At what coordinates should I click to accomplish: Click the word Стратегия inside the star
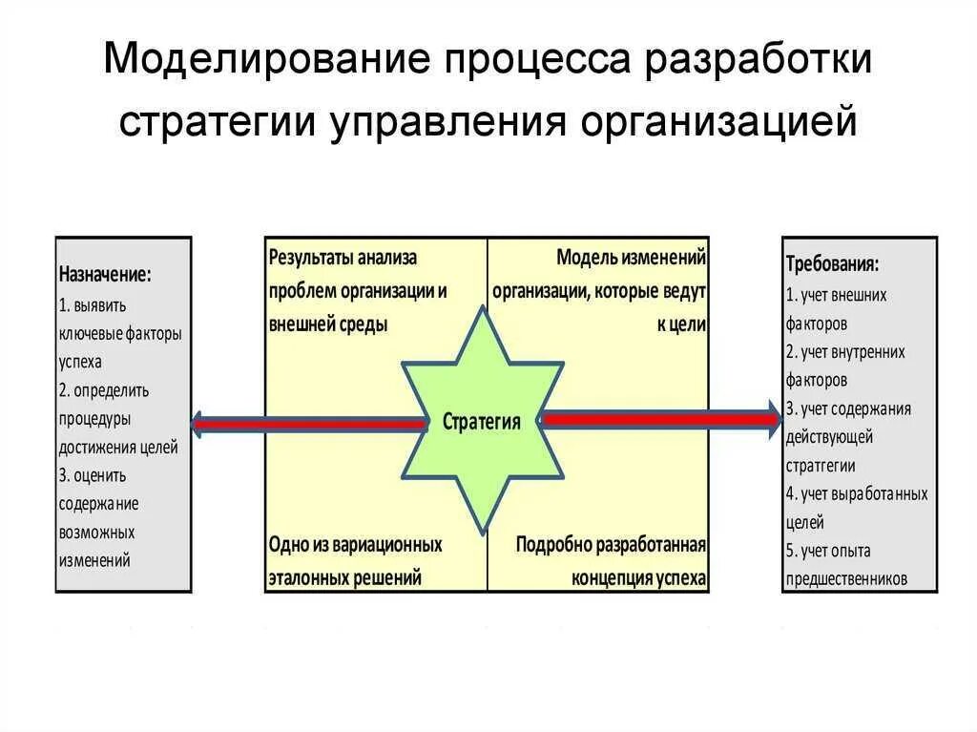pos(482,422)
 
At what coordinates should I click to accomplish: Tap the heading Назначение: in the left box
pos(105,275)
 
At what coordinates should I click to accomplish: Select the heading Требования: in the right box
pos(832,263)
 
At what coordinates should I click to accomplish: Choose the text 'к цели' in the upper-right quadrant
pos(681,324)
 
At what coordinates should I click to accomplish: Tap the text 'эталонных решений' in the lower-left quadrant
pos(344,577)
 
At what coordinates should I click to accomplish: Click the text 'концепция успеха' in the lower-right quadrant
pos(639,578)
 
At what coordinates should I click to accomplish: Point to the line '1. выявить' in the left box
pos(93,305)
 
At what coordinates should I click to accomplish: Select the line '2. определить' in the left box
pos(104,390)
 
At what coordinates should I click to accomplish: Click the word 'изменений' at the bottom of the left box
pos(94,560)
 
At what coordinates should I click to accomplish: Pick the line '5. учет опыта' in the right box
pos(828,551)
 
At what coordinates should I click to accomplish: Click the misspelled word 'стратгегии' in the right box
pos(821,466)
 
